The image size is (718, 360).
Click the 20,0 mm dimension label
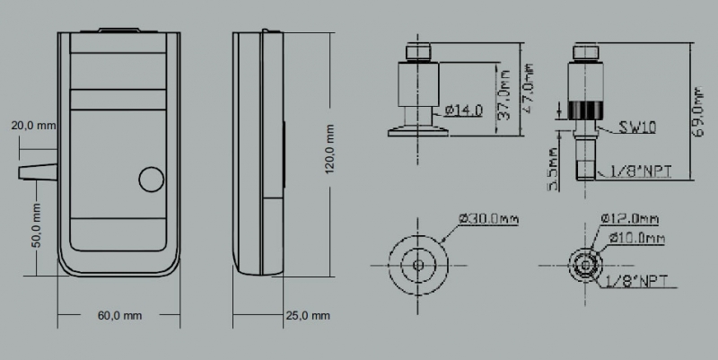point(34,126)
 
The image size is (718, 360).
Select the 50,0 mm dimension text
point(36,225)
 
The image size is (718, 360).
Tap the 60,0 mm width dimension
point(119,316)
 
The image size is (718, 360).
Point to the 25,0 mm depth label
point(308,316)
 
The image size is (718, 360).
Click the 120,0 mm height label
point(329,149)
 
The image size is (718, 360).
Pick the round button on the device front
point(152,180)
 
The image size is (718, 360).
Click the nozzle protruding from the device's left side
point(38,171)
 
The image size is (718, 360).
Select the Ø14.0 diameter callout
point(463,110)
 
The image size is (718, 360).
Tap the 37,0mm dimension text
point(503,94)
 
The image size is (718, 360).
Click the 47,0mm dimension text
point(529,88)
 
